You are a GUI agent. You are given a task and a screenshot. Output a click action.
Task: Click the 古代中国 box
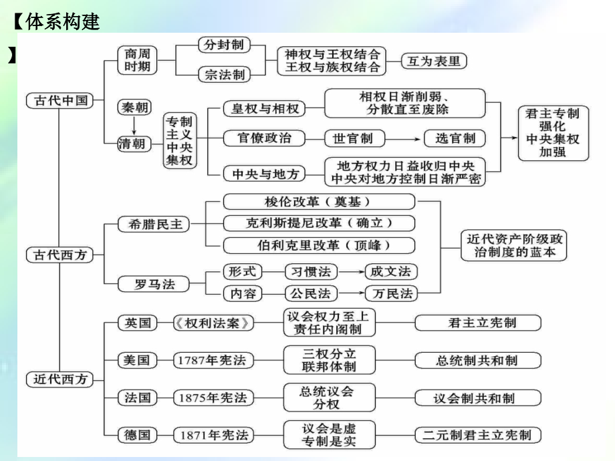click(59, 100)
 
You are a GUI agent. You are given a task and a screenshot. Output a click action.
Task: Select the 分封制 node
click(224, 45)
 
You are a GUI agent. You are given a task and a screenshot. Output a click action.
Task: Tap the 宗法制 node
click(224, 74)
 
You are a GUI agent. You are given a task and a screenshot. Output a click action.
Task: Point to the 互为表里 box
click(434, 61)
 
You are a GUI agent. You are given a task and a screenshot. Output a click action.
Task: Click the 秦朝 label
click(134, 107)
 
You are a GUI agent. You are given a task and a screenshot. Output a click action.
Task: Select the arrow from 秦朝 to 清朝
click(134, 126)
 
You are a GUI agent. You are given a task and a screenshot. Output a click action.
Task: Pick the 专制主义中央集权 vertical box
click(180, 140)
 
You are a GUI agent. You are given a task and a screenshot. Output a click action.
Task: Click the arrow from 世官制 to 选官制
click(404, 139)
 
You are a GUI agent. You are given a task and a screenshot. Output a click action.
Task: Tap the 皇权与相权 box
click(264, 108)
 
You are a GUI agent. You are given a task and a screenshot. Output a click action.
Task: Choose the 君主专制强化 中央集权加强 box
click(553, 133)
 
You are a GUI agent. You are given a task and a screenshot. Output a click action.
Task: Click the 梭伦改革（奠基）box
click(319, 202)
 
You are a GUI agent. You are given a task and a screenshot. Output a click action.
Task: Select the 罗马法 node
click(153, 284)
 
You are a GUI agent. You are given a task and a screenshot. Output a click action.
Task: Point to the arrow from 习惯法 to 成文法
click(351, 272)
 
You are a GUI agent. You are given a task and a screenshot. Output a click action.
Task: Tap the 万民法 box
click(391, 293)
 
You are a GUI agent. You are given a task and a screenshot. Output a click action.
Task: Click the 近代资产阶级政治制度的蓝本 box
click(514, 245)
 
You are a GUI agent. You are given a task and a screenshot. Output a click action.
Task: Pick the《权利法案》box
click(213, 323)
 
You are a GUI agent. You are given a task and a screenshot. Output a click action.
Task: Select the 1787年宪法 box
click(213, 360)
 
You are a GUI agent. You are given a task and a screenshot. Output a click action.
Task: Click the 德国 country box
click(137, 435)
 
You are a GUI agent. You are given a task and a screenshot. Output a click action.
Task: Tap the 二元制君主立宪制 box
click(478, 435)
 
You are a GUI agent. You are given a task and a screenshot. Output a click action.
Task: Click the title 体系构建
click(63, 21)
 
